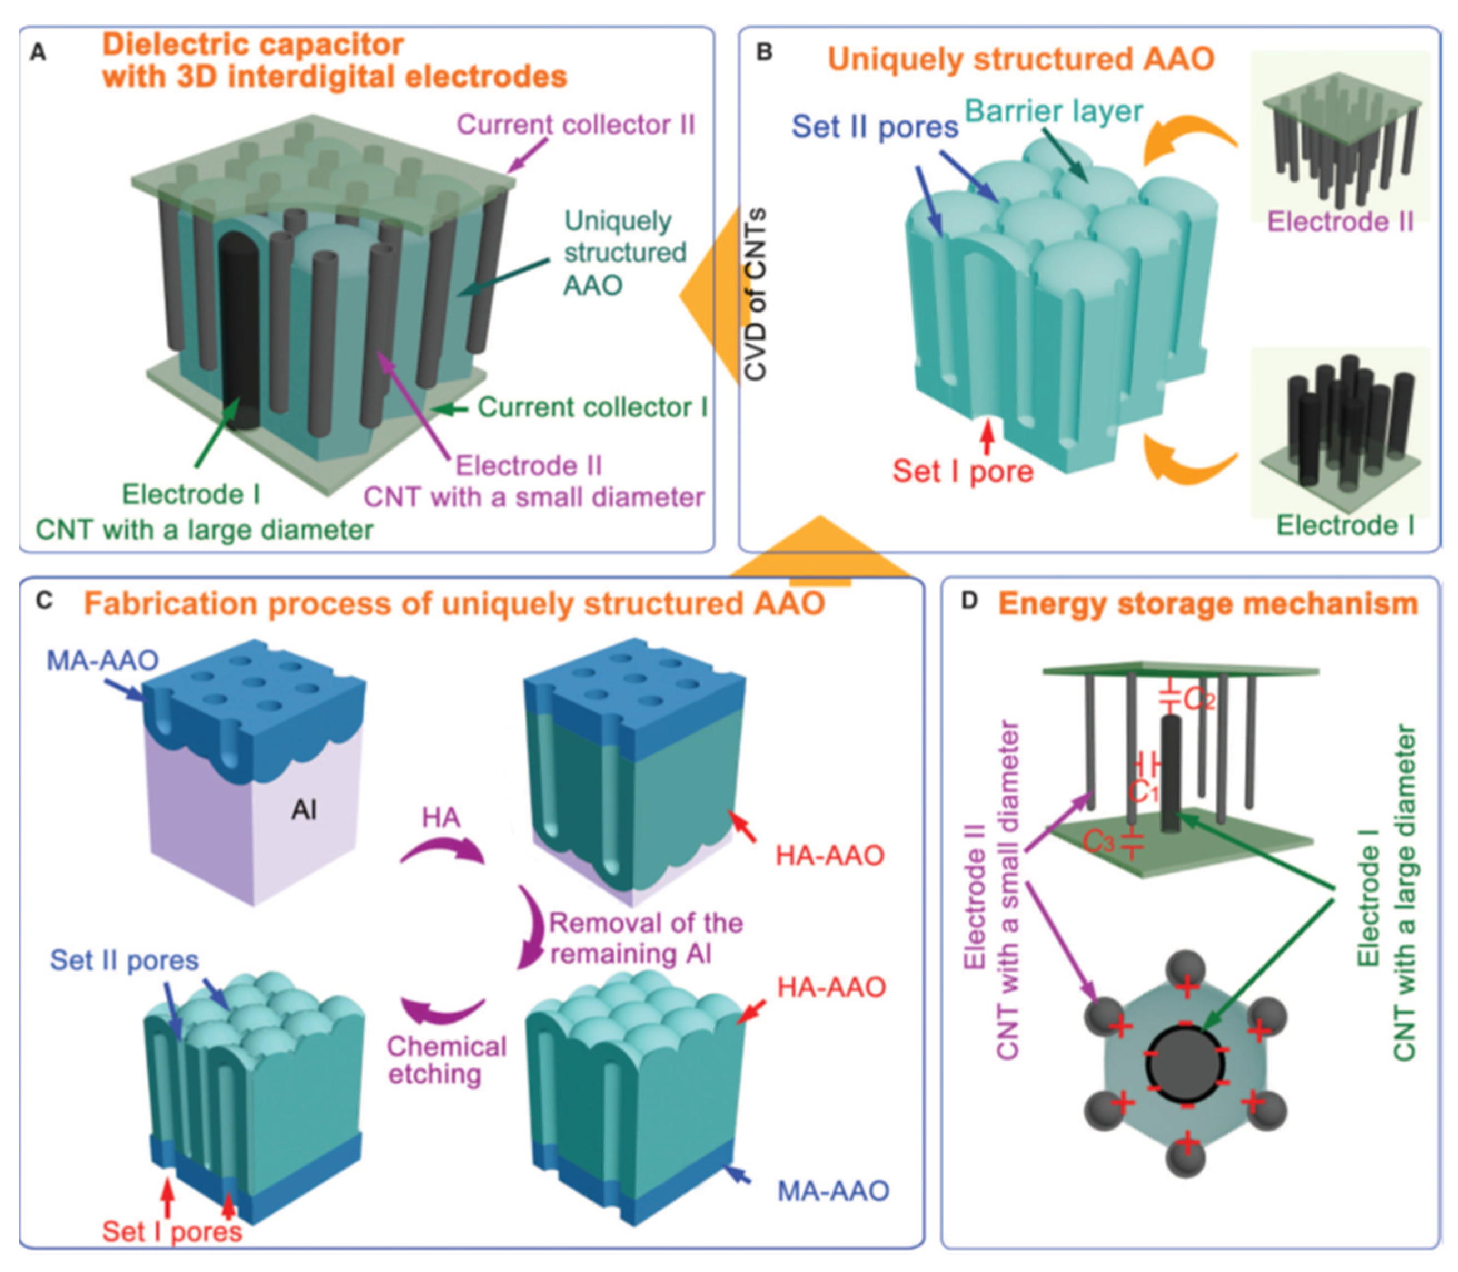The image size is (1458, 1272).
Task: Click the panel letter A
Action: pos(38,52)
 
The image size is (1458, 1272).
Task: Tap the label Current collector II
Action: pos(576,125)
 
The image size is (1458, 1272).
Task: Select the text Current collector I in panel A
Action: pos(592,407)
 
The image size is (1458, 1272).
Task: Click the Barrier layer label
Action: pos(1054,111)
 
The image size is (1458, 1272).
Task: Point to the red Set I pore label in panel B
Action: pos(963,471)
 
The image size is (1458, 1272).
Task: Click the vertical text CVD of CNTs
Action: pos(757,294)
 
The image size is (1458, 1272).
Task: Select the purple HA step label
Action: pos(440,818)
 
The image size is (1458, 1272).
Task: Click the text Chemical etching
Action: pos(447,1061)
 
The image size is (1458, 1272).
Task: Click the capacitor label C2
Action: pos(1199,700)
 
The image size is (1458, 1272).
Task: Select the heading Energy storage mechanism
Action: pos(1208,604)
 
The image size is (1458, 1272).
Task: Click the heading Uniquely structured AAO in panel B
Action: pos(1021,59)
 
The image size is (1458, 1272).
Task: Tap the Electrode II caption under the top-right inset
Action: pos(1340,222)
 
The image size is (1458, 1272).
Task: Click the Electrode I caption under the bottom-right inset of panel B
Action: pos(1345,526)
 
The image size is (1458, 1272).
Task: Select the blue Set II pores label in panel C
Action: pos(124,960)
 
